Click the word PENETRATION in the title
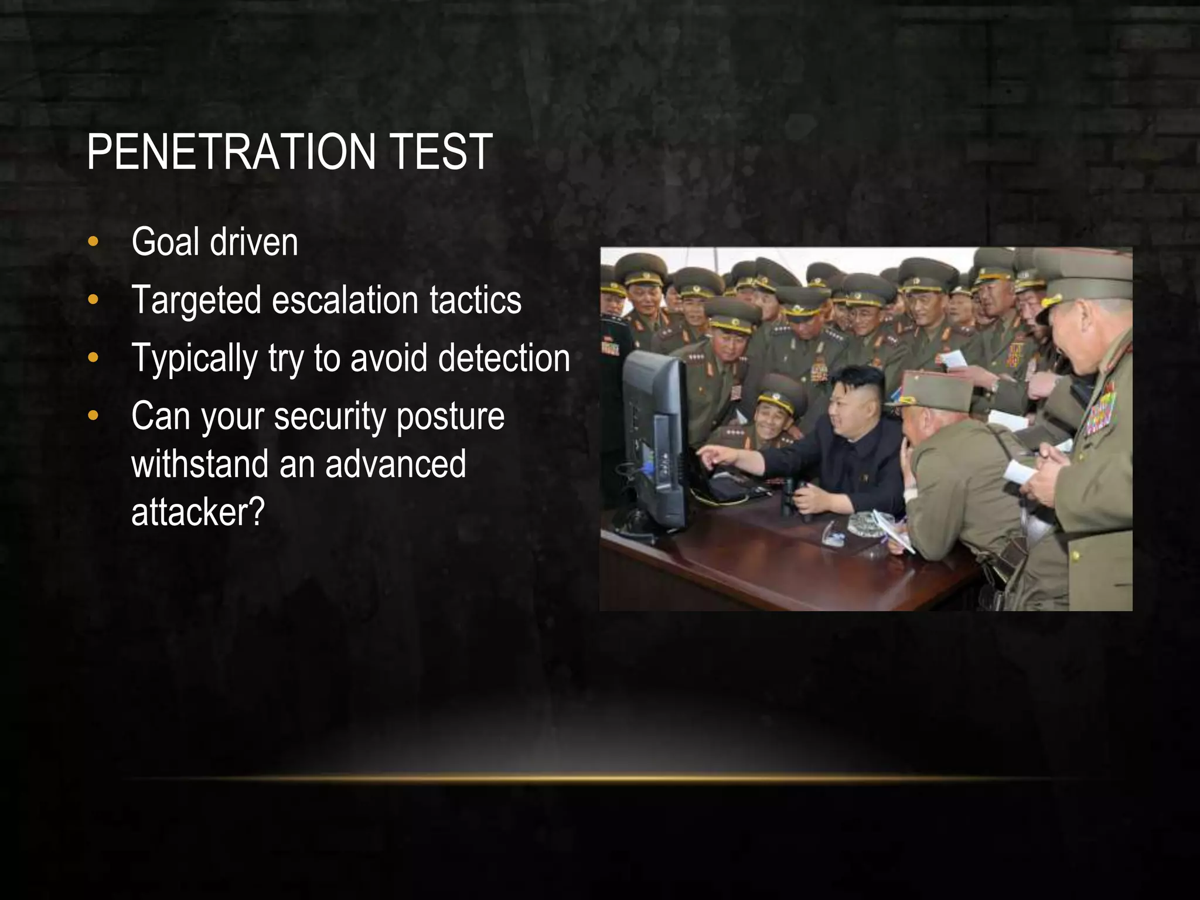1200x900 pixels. (x=231, y=152)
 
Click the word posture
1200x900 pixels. (x=450, y=417)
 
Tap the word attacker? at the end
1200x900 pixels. (x=198, y=512)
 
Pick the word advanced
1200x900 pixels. (x=396, y=464)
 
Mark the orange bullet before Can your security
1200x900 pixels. (x=93, y=417)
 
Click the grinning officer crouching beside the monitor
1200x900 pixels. (x=773, y=413)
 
